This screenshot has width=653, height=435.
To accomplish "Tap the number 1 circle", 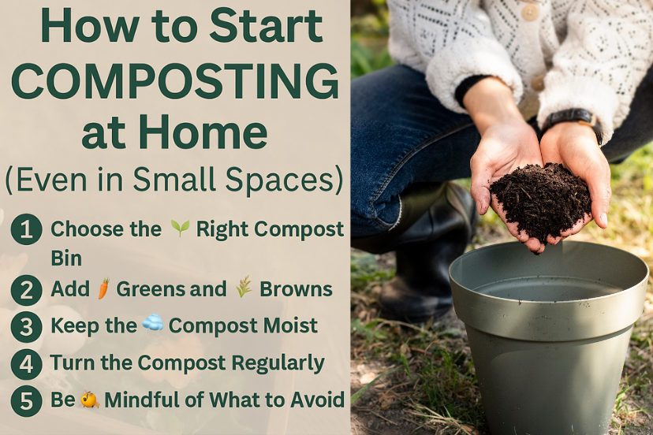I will [27, 230].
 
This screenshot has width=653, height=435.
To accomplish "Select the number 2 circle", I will [27, 290].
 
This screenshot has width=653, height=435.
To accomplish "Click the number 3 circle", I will [27, 326].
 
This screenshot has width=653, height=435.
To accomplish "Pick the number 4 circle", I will [27, 364].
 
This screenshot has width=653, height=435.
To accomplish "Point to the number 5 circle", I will [27, 401].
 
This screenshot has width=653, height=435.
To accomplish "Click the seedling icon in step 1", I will [181, 229].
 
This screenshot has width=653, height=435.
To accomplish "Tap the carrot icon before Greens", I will [103, 289].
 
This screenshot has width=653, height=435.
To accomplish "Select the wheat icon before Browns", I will [244, 289].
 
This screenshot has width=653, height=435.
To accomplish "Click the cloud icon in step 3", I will [153, 325].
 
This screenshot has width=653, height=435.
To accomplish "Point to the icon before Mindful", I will [90, 400].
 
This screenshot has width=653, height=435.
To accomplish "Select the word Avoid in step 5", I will [316, 400].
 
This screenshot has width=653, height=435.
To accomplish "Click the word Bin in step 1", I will [66, 258].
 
